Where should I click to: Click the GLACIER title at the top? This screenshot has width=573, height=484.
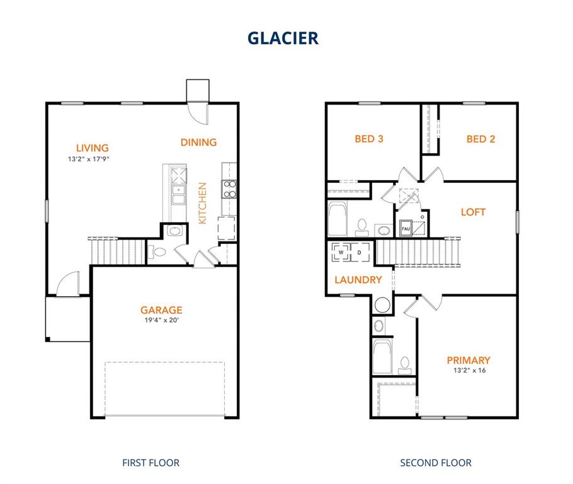(x=283, y=38)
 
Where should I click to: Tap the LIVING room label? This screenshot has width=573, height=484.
(x=93, y=148)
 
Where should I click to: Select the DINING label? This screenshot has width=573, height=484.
(x=198, y=142)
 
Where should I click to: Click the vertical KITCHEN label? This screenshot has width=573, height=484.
(x=203, y=204)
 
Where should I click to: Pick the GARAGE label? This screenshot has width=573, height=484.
(x=161, y=310)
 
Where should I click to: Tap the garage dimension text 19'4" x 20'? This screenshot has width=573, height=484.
(x=161, y=320)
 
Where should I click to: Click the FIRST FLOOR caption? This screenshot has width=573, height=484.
(x=150, y=463)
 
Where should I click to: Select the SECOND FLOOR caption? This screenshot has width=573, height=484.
(x=436, y=463)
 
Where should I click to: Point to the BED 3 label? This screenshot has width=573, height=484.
(x=369, y=139)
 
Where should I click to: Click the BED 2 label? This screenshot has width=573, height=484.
(x=480, y=139)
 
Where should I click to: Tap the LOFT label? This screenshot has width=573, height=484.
(x=473, y=212)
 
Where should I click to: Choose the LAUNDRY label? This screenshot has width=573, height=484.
(x=358, y=280)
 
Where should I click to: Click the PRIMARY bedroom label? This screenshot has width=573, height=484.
(x=468, y=360)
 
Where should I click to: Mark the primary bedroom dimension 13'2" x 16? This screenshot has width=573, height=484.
(x=468, y=371)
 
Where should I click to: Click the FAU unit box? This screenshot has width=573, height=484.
(x=406, y=228)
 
